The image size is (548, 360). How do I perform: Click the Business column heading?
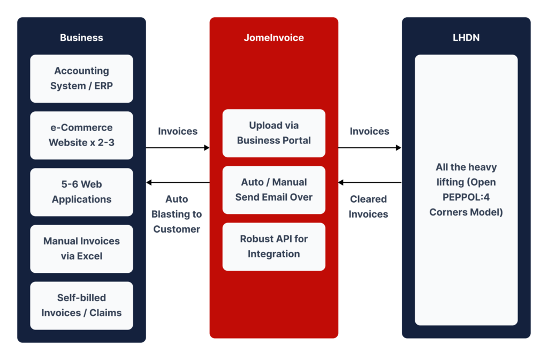(x=81, y=37)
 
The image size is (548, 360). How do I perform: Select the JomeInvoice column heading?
(x=273, y=37)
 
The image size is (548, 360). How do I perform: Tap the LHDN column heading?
(x=466, y=37)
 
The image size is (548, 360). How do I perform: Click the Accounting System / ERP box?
(x=81, y=78)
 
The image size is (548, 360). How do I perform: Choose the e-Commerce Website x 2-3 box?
(x=81, y=135)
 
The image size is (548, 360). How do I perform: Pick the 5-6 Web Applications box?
(x=81, y=192)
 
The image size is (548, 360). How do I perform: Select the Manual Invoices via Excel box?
(x=81, y=249)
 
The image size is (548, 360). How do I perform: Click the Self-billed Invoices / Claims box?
(x=81, y=305)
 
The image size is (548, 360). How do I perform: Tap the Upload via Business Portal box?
(x=273, y=133)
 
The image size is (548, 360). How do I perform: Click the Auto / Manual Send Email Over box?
(x=273, y=190)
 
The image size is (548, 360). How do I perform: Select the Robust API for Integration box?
(x=273, y=247)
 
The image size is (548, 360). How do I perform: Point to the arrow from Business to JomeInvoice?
(x=178, y=148)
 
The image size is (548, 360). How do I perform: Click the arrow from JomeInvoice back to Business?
(x=178, y=183)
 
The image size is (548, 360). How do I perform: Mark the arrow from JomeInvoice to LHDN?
(x=370, y=148)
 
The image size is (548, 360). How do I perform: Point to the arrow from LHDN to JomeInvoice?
(x=370, y=183)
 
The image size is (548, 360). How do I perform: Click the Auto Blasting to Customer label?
(x=177, y=214)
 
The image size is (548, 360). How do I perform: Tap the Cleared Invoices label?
(x=368, y=206)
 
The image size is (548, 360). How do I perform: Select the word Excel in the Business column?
(x=89, y=256)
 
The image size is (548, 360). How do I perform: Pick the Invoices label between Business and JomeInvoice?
(x=178, y=131)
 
